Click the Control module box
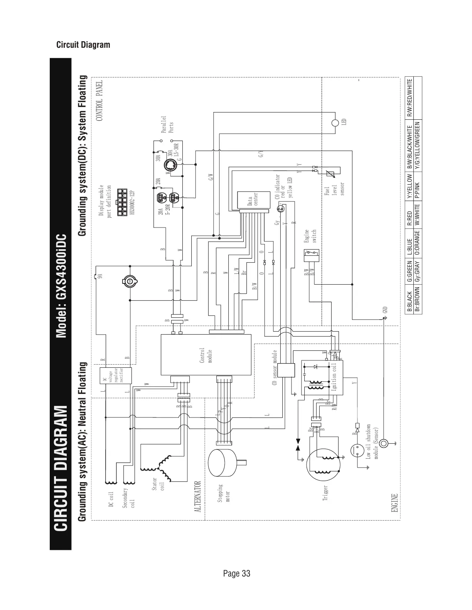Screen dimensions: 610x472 tap(206, 354)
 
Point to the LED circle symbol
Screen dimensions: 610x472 tap(335, 123)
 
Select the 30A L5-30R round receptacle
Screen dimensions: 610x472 tap(170, 165)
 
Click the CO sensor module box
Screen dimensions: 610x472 tap(286, 371)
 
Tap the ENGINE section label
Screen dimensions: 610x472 tap(394, 503)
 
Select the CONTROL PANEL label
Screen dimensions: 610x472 tap(99, 101)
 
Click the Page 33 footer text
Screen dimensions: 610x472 tap(236, 573)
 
